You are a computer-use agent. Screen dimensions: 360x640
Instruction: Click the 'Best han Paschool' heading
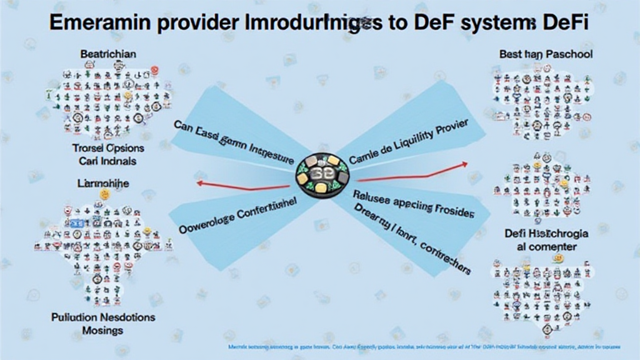[x=546, y=54]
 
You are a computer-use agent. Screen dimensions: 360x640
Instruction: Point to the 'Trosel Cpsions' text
[x=107, y=148]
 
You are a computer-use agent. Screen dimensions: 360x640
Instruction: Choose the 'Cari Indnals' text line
[x=107, y=161]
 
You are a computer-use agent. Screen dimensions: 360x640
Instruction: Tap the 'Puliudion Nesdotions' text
[x=104, y=317]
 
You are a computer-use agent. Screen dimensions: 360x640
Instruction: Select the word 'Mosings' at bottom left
[x=103, y=329]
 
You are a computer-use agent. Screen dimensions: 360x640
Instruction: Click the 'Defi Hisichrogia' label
[x=546, y=234]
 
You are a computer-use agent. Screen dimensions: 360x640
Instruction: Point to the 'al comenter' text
[x=546, y=247]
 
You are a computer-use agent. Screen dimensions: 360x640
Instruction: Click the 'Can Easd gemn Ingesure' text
[x=234, y=141]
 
